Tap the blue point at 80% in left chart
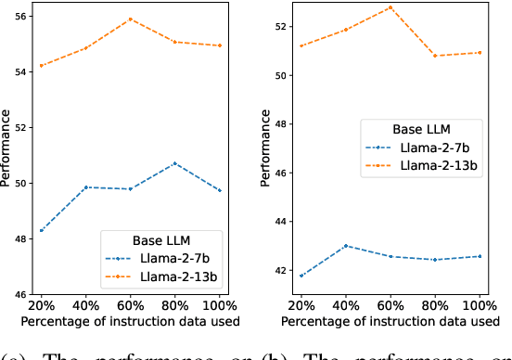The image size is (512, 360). click(175, 163)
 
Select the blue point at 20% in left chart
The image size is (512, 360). click(41, 230)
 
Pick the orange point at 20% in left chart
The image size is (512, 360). click(41, 66)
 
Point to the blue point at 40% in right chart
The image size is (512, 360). click(345, 246)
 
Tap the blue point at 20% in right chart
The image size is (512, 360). click(300, 276)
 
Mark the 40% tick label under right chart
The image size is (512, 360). click(345, 305)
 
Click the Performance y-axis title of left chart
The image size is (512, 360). click(6, 149)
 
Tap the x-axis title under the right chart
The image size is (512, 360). click(390, 321)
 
